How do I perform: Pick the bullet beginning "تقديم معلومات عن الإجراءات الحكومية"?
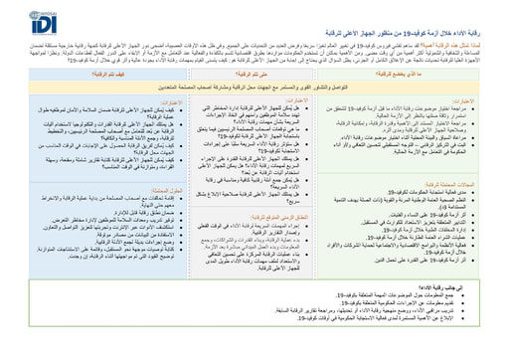click(418, 329)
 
